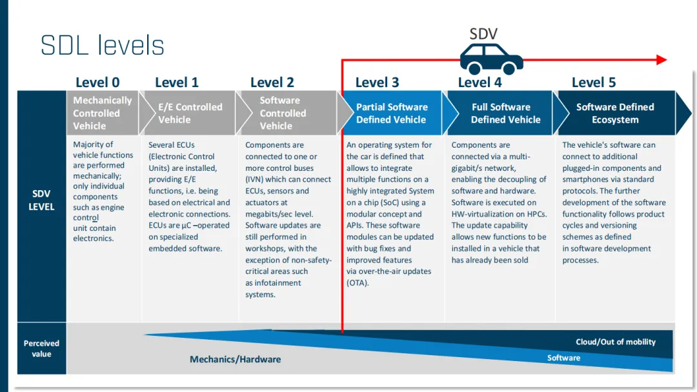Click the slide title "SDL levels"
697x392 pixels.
(x=103, y=46)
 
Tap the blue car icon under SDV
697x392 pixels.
(x=491, y=59)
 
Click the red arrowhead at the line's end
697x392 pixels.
(x=662, y=60)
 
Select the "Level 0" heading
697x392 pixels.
(x=97, y=82)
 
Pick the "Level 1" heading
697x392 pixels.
(x=177, y=82)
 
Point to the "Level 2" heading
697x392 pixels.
(x=272, y=82)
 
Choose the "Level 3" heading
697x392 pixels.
(x=377, y=82)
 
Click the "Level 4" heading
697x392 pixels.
(x=480, y=82)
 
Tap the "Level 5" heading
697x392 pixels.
(x=594, y=82)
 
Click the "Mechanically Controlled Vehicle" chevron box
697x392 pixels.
(x=103, y=113)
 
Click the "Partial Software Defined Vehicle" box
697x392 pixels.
(x=392, y=113)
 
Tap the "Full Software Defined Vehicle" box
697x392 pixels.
(x=500, y=113)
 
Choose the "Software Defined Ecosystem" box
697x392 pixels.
(x=615, y=113)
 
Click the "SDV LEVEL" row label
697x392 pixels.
(x=42, y=200)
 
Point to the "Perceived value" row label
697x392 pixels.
(x=41, y=348)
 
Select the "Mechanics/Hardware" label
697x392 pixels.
(x=235, y=359)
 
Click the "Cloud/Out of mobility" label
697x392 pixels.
(x=615, y=342)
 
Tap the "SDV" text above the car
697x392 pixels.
(x=483, y=34)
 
